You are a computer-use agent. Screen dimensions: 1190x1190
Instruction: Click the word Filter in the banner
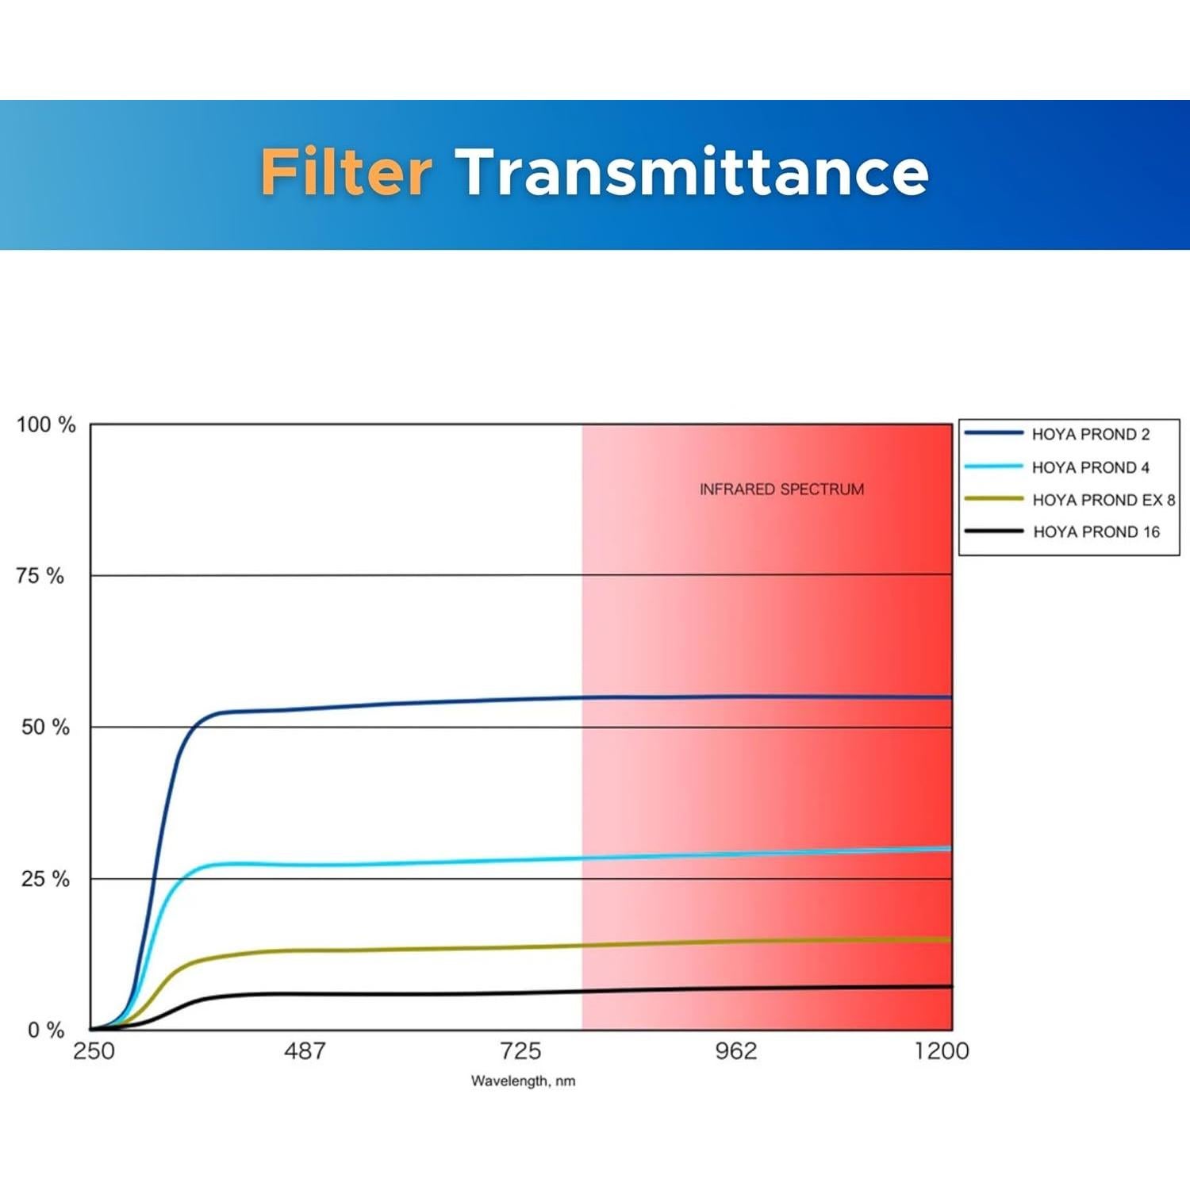[347, 171]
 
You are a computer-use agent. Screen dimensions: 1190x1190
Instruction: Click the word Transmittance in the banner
[692, 171]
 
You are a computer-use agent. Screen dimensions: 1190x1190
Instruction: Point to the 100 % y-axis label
[47, 424]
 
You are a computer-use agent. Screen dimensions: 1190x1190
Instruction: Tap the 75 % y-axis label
[40, 576]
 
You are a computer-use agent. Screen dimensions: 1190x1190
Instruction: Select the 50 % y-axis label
[45, 727]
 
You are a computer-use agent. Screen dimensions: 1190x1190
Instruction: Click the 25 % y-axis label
[45, 878]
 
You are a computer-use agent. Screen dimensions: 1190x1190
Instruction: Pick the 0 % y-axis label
[46, 1030]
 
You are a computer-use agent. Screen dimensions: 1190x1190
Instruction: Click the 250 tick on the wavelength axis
[94, 1051]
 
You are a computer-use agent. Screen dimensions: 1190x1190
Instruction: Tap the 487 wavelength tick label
[305, 1051]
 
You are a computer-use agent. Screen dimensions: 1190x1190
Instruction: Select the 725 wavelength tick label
[520, 1051]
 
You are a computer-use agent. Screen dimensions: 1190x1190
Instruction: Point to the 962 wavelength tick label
[736, 1051]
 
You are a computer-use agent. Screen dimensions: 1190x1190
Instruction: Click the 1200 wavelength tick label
[942, 1051]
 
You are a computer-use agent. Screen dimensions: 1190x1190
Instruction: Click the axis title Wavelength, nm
[523, 1081]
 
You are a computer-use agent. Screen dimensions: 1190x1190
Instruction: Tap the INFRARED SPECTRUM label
[782, 489]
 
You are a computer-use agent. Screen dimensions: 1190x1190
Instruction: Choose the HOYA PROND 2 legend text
[1091, 434]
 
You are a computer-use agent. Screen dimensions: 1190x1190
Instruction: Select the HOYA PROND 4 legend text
[1091, 467]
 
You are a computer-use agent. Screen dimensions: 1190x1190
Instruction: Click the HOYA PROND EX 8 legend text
[1104, 500]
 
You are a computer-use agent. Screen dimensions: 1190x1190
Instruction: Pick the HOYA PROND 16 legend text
[1096, 532]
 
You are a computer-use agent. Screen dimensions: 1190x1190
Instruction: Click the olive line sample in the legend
[994, 499]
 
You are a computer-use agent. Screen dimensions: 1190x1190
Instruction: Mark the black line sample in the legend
[994, 531]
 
